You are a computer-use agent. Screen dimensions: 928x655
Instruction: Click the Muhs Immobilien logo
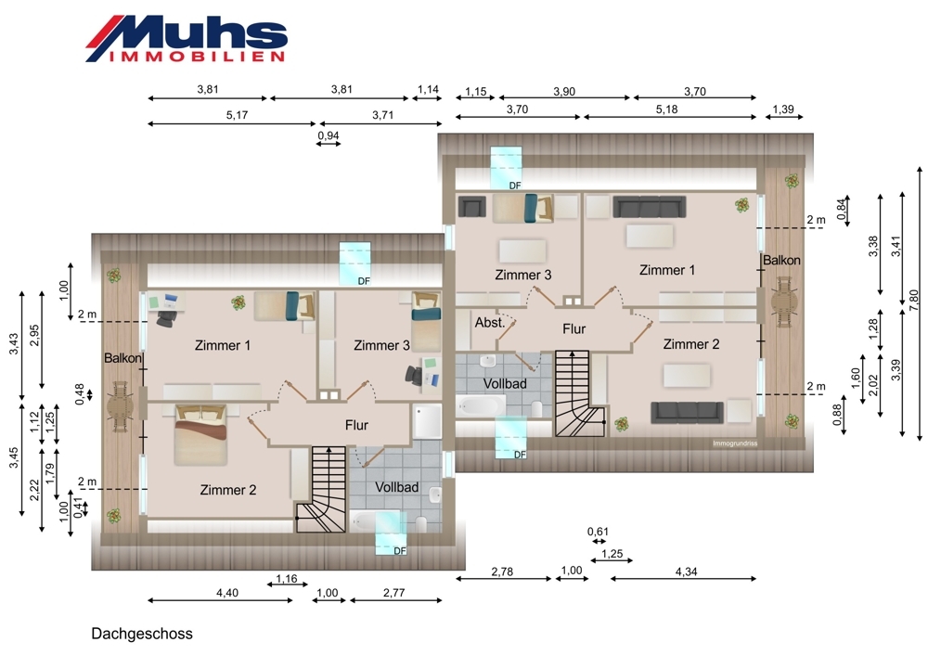[x=187, y=38]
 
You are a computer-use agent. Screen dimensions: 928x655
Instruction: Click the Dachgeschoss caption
[x=142, y=634]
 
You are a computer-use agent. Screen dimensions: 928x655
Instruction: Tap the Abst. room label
[x=489, y=323]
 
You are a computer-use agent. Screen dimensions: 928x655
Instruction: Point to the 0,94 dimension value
[x=329, y=135]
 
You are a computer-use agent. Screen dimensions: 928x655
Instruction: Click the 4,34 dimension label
[x=686, y=572]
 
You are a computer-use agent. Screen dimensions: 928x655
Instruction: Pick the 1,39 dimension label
[x=783, y=109]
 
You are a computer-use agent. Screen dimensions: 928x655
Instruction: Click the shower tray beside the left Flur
[x=427, y=421]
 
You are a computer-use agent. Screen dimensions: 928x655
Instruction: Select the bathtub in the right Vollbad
[x=481, y=406]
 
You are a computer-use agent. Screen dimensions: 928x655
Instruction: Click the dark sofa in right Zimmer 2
[x=687, y=413]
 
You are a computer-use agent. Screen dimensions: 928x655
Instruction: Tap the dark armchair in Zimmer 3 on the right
[x=471, y=207]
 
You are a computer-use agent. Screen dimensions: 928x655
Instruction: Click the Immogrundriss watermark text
[x=734, y=443]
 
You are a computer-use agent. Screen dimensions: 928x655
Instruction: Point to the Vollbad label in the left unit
[x=396, y=487]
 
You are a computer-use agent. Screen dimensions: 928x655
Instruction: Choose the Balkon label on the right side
[x=781, y=260]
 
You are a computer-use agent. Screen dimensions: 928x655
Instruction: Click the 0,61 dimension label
[x=598, y=532]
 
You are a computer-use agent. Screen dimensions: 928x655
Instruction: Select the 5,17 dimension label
[x=237, y=115]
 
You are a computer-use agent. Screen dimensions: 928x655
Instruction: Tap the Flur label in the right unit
[x=574, y=329]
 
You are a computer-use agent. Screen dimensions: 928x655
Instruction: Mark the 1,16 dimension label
[x=287, y=578]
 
